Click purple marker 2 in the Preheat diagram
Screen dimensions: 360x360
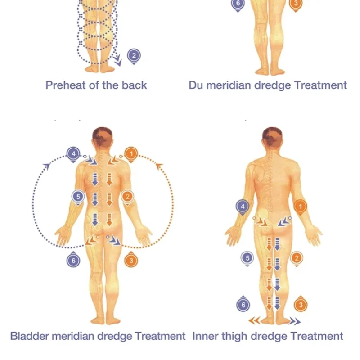pos(134,55)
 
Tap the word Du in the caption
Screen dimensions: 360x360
pos(195,85)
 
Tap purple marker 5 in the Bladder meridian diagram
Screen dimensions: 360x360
pos(78,197)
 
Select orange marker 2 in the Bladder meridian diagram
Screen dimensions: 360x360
pos(128,197)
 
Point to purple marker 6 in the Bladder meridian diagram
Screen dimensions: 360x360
pos(73,260)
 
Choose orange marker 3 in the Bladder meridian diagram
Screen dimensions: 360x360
pos(130,260)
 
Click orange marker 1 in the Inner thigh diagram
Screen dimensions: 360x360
pos(301,207)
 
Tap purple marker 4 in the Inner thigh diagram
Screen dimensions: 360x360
pos(243,207)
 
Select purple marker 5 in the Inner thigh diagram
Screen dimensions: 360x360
pos(247,258)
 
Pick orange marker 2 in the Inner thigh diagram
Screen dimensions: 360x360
pos(297,258)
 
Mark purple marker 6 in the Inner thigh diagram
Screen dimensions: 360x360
pos(243,305)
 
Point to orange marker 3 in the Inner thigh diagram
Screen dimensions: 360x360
pos(301,305)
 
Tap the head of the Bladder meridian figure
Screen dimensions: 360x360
pos(103,137)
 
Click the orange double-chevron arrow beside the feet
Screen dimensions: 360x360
pos(255,320)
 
